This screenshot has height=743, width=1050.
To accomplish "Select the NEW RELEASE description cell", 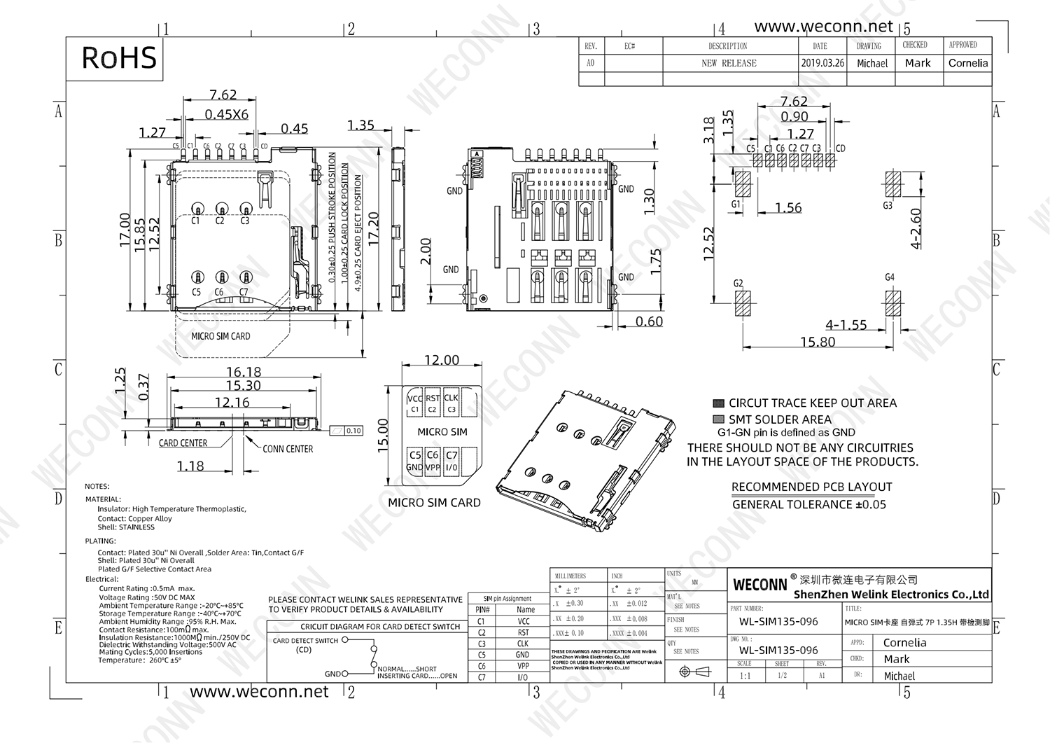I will (x=729, y=63).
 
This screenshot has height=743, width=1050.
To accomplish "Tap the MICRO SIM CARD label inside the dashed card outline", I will (x=220, y=336).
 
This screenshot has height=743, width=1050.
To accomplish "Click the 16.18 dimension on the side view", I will (x=244, y=372).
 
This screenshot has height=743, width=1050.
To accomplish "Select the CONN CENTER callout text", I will (x=288, y=449).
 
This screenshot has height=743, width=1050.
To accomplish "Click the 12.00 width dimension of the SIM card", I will (x=442, y=360).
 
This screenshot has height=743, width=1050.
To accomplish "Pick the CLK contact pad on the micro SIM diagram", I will (x=451, y=403).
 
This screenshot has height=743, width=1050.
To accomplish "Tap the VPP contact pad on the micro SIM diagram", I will (x=433, y=461).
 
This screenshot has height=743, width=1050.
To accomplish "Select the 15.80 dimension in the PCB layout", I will (x=818, y=342).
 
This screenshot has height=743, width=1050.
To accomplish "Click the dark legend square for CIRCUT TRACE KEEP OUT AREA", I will (x=717, y=403).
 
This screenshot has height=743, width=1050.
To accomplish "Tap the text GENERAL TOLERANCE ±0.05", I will (x=809, y=504).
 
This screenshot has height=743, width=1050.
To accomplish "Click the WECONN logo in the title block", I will (x=760, y=584).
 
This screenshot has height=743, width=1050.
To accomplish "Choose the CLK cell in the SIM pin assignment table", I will (x=523, y=644).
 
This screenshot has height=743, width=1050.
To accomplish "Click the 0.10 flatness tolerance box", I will (x=353, y=431).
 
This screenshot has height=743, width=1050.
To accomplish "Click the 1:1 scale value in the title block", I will (x=745, y=676).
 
